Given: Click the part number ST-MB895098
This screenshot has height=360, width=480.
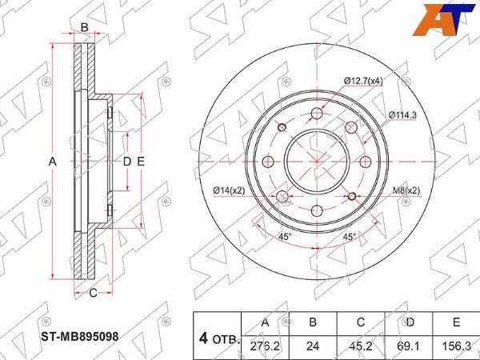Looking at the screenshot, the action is pos(79,337).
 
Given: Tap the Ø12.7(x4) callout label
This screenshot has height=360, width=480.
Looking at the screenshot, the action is pos(363,81).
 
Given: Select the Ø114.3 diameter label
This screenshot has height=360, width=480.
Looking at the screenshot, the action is pos(402,115).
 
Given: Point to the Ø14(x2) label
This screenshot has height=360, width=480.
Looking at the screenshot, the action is pos(230,190).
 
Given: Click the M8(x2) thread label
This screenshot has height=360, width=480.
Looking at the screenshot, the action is pos(406,190).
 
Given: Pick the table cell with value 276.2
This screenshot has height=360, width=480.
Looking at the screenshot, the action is pos(265,346).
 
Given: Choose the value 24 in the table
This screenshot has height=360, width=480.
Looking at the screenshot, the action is pos(313,346).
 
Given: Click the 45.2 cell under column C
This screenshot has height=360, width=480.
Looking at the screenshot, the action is pos(361,346).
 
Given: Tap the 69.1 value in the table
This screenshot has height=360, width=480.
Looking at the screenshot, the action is pos(409,346).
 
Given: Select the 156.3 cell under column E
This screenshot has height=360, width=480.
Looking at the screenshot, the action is pos(456,346).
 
